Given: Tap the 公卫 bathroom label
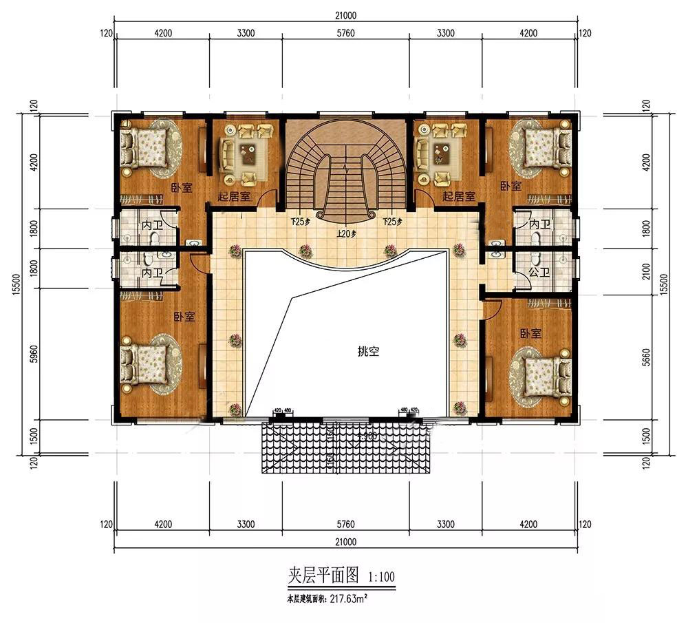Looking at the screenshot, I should tap(539, 273).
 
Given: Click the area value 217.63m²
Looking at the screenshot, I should tap(346, 599).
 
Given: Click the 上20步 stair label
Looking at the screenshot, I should tap(345, 233).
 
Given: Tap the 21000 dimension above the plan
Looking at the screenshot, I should tap(347, 15).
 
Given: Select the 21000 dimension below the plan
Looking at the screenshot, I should tap(346, 542).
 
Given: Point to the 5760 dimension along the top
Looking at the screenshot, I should tap(347, 32).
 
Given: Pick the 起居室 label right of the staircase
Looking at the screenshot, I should tap(459, 197).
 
